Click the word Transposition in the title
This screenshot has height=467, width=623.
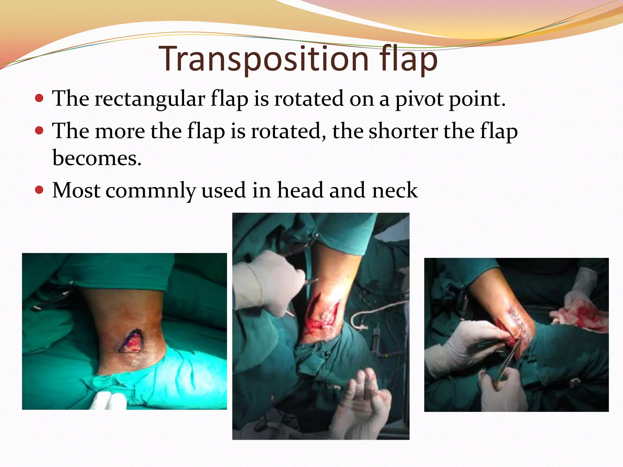pyautogui.click(x=263, y=59)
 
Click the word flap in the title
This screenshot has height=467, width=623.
pyautogui.click(x=408, y=59)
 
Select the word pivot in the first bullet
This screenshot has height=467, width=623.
pyautogui.click(x=419, y=99)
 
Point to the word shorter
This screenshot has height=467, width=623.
pyautogui.click(x=403, y=131)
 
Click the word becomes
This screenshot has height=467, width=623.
pyautogui.click(x=97, y=158)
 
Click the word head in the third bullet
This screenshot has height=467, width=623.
pyautogui.click(x=300, y=191)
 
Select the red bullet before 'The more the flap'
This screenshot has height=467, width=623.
pyautogui.click(x=39, y=131)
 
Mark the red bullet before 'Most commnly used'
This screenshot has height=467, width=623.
pyautogui.click(x=39, y=190)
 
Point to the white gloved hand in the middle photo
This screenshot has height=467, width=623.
pyautogui.click(x=268, y=283)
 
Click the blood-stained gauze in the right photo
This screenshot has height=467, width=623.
pyautogui.click(x=578, y=316)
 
